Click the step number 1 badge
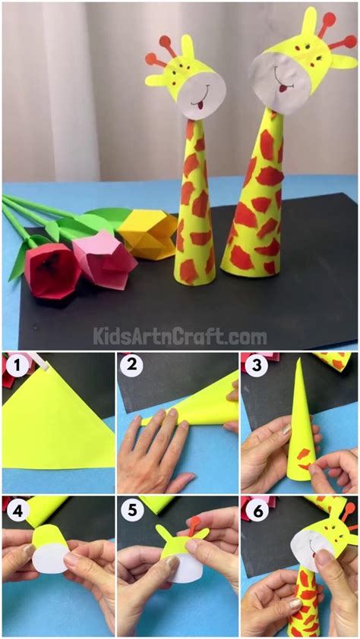pyautogui.click(x=15, y=366)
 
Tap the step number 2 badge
pyautogui.click(x=131, y=366)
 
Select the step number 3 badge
pyautogui.click(x=257, y=366)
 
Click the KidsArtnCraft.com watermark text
pyautogui.click(x=180, y=337)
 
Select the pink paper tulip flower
pyautogui.click(x=103, y=257)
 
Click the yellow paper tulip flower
pyautogui.click(x=148, y=234)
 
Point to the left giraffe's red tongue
pyautogui.click(x=200, y=106)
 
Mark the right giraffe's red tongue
pyautogui.click(x=281, y=88)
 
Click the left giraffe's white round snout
pyautogui.click(x=203, y=96)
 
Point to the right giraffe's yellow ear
pyautogui.click(x=343, y=62)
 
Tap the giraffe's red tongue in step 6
pyautogui.click(x=314, y=553)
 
